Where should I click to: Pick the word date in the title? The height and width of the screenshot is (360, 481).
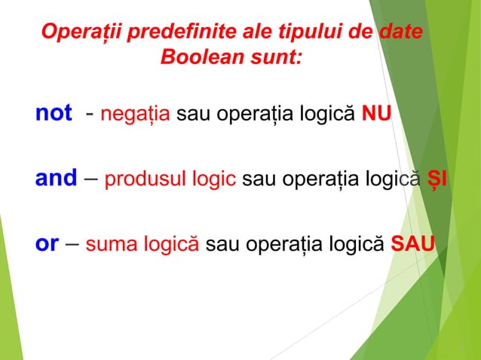(x=401, y=33)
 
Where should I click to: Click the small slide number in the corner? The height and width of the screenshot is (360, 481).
(x=461, y=348)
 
